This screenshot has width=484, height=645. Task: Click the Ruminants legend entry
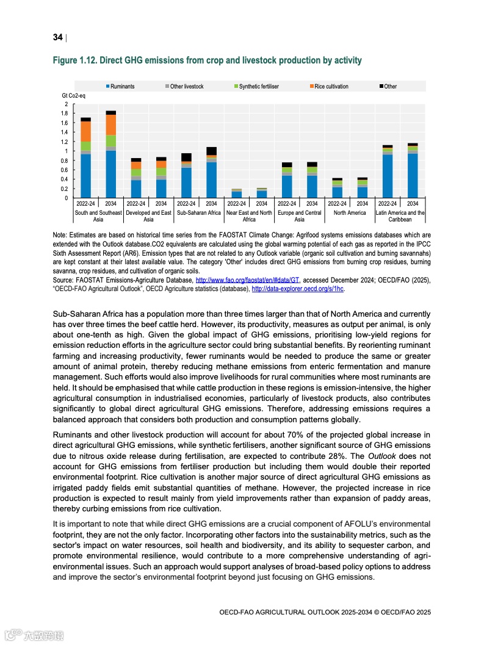pos(122,87)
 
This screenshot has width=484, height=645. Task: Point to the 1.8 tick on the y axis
pos(65,114)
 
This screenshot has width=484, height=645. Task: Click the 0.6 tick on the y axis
pos(65,170)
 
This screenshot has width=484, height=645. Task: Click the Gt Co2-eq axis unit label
pos(74,96)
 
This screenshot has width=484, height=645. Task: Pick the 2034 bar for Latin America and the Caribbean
pos(413,171)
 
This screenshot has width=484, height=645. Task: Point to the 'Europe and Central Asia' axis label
pos(299,216)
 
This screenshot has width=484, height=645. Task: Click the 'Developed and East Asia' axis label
pos(148,216)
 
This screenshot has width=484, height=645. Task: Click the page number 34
pos(57,38)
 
